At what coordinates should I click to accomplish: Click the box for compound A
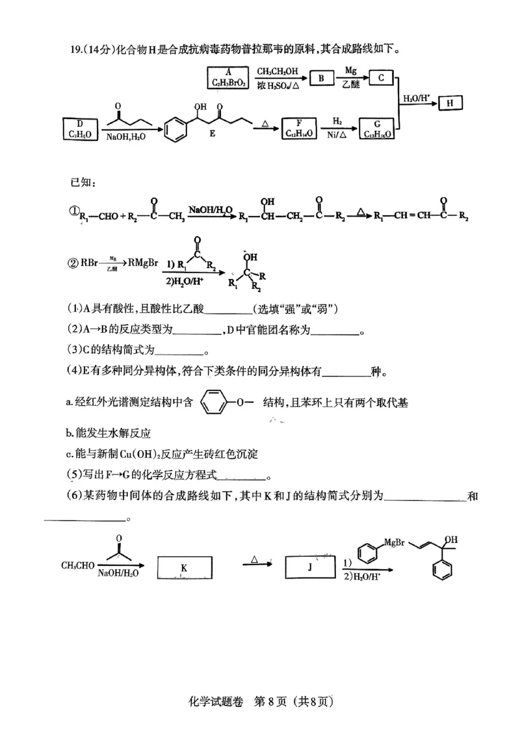click(x=228, y=79)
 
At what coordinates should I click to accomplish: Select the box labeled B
click(x=321, y=79)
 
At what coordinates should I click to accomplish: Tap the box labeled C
click(x=382, y=78)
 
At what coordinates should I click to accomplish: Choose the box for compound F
click(x=299, y=128)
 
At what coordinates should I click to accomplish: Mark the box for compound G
click(x=377, y=128)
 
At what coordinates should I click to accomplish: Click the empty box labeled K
click(x=184, y=567)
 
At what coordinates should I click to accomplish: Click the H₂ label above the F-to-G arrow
click(x=337, y=121)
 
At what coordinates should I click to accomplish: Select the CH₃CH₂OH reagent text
click(x=276, y=70)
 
